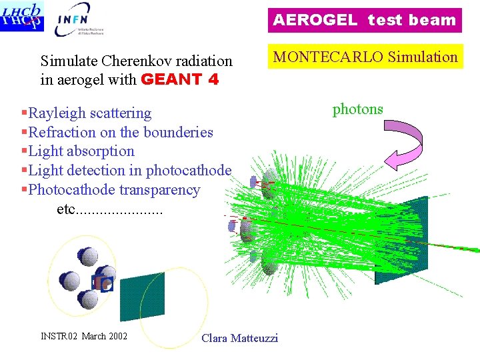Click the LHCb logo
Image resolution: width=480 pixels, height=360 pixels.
click(22, 16)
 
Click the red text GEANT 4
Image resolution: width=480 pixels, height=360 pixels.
click(181, 79)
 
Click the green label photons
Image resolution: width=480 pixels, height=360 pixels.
click(357, 109)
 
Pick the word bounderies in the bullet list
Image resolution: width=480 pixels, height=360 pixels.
click(176, 132)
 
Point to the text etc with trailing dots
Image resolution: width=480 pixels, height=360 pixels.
click(109, 209)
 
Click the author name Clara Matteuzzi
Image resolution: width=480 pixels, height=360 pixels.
click(239, 338)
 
